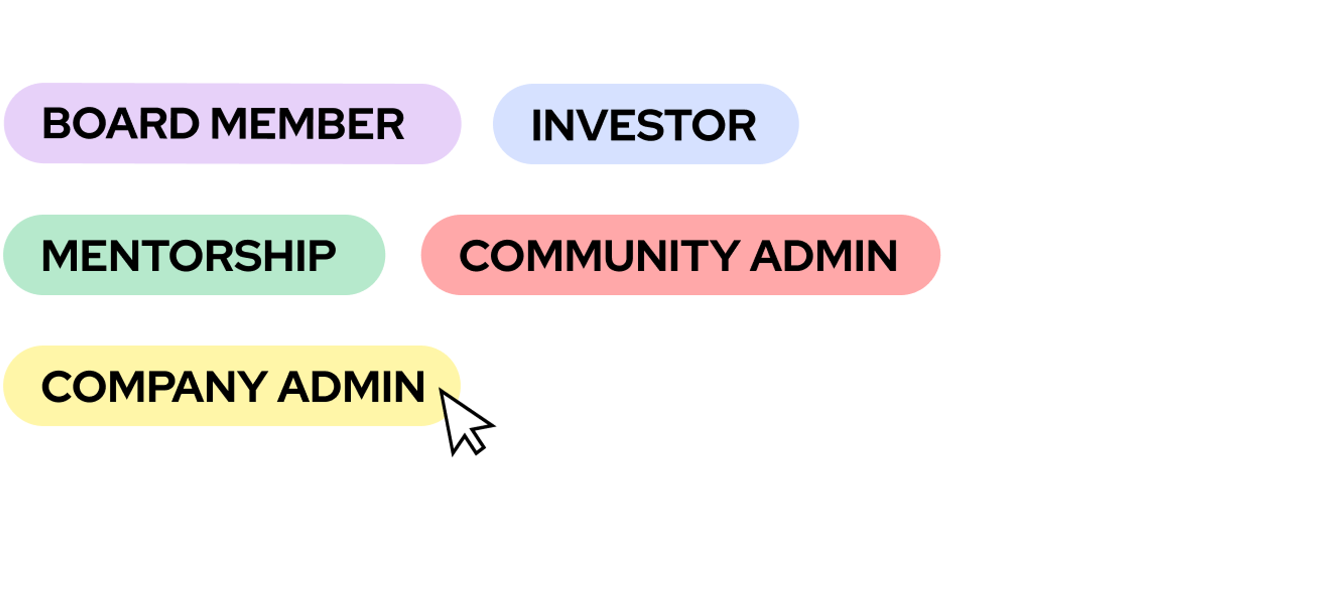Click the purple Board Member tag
coord(232,123)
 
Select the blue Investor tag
coord(645,124)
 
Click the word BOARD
coord(120,123)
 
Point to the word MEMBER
coord(307,123)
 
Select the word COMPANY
coord(154,387)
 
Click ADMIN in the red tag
coord(824,255)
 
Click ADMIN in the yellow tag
coord(351,387)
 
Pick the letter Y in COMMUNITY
coord(723,255)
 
